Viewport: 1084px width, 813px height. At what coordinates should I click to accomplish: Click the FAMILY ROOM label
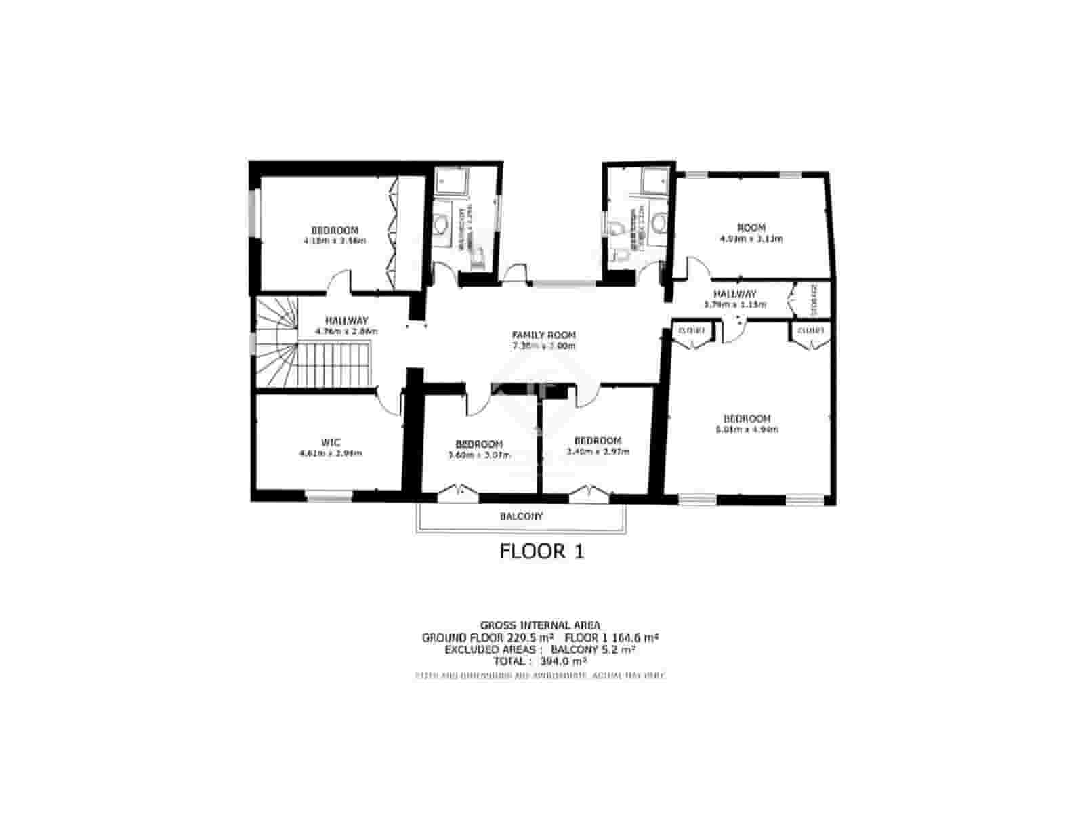tap(543, 335)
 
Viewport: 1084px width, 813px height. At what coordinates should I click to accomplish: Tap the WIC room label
tap(331, 442)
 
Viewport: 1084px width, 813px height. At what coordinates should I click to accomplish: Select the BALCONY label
tap(521, 516)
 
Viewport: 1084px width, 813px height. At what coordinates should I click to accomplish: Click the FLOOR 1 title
tap(541, 551)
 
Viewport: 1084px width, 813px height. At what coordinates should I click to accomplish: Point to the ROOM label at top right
tap(751, 228)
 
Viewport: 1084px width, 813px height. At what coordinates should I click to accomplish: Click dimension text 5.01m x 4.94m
tap(747, 430)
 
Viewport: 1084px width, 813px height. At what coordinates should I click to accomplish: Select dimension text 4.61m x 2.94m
tap(331, 453)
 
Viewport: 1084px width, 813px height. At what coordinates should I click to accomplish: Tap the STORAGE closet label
tap(814, 299)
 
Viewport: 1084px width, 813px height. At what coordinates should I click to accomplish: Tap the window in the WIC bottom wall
tap(329, 497)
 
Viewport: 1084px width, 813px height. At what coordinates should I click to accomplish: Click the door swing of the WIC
tap(389, 402)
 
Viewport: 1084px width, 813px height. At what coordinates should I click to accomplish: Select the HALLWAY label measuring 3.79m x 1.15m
tap(734, 294)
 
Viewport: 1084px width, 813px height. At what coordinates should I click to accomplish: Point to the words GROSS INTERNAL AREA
tap(540, 625)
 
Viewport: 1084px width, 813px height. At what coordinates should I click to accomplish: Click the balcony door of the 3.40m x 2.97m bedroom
tap(587, 491)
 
